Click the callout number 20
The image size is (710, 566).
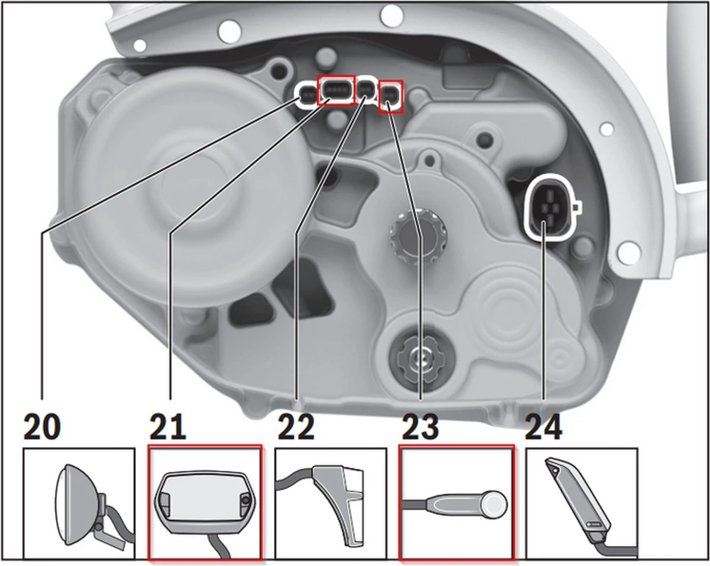click(42, 427)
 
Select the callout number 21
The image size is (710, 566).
click(167, 427)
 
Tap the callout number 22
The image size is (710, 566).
click(296, 427)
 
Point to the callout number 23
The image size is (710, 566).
click(420, 427)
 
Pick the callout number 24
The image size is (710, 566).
click(544, 427)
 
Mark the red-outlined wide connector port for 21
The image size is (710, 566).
click(335, 91)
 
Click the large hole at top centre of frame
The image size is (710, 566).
click(392, 14)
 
